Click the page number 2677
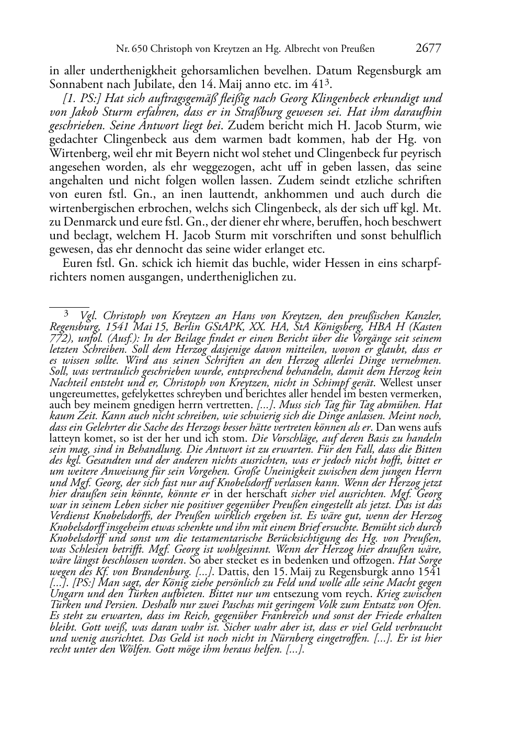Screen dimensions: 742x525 click(428, 49)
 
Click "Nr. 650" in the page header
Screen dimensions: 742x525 click(131, 49)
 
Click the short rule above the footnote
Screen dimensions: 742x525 click(69, 303)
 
